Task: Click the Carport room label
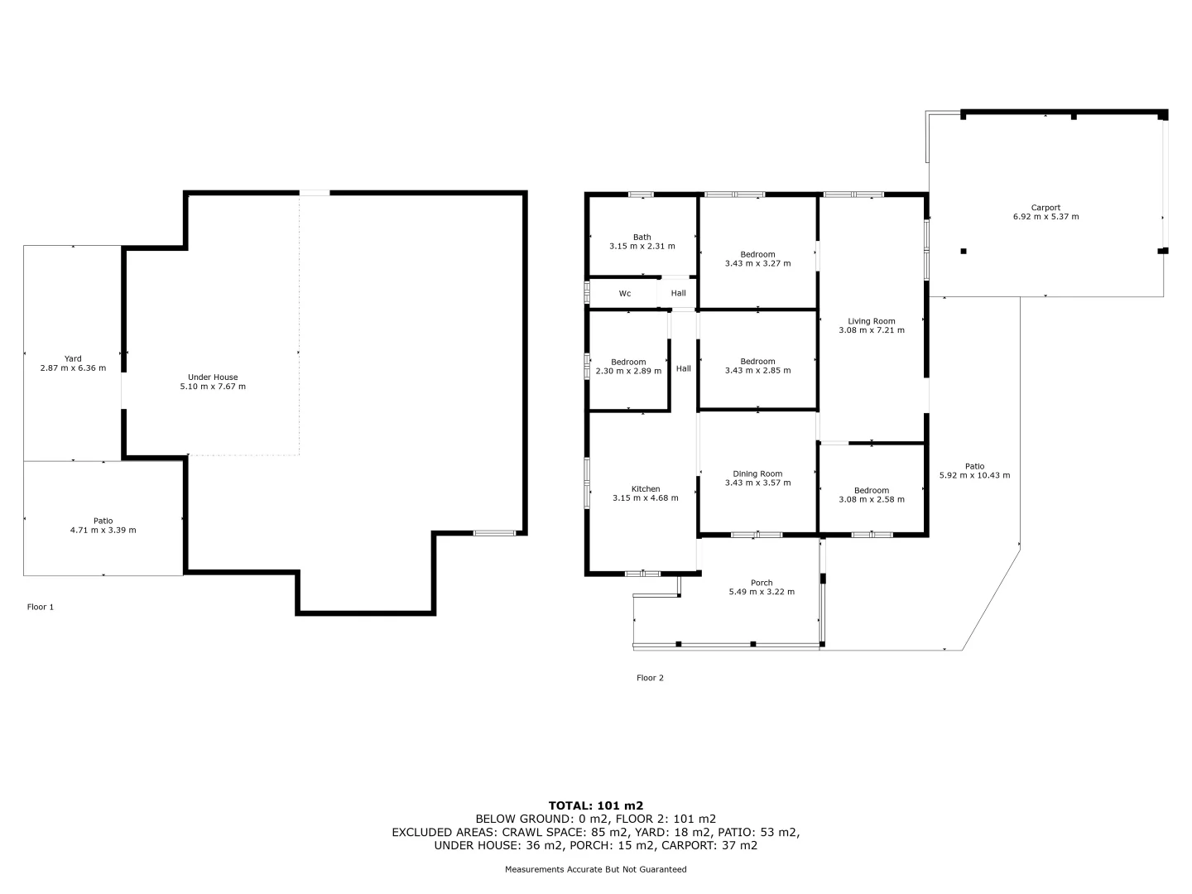pos(1045,208)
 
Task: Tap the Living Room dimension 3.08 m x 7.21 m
pos(872,330)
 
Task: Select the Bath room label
pos(642,238)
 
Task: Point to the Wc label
pos(625,294)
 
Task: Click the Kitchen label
pos(646,489)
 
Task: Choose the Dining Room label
pos(757,474)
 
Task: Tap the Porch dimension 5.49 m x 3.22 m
pos(762,592)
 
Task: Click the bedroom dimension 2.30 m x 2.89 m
pos(628,371)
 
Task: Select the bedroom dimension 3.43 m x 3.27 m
pos(757,263)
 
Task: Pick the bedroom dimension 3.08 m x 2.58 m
pos(872,499)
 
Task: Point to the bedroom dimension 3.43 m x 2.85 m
pos(757,370)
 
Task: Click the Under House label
pos(213,377)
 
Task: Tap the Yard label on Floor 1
pos(73,359)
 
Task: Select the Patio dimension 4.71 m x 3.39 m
pos(103,530)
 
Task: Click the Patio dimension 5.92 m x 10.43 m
pos(974,475)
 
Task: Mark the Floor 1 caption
pos(41,607)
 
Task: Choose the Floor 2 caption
pos(650,678)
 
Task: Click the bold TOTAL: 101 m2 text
pos(596,805)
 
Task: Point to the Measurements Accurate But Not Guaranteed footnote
pos(596,869)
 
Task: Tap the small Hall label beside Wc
pos(679,293)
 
